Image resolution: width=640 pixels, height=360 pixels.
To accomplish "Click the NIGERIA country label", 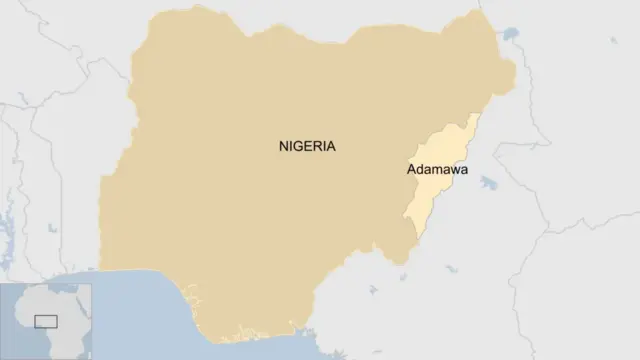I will pyautogui.click(x=307, y=146).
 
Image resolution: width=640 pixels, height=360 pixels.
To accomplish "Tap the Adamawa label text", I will pyautogui.click(x=437, y=169).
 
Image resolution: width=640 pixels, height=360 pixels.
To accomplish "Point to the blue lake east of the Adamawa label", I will pyautogui.click(x=489, y=183).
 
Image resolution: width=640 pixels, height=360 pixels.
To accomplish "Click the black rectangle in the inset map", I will pyautogui.click(x=46, y=320).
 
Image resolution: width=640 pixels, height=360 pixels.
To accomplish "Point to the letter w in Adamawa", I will pyautogui.click(x=454, y=170).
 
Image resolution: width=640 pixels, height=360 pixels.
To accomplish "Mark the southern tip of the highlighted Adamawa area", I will pyautogui.click(x=415, y=239).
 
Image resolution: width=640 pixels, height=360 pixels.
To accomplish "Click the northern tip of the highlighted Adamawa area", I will pyautogui.click(x=476, y=113).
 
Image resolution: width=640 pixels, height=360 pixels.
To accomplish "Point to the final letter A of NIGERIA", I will pyautogui.click(x=331, y=146).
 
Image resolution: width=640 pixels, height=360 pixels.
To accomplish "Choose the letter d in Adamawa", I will pyautogui.click(x=421, y=169).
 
